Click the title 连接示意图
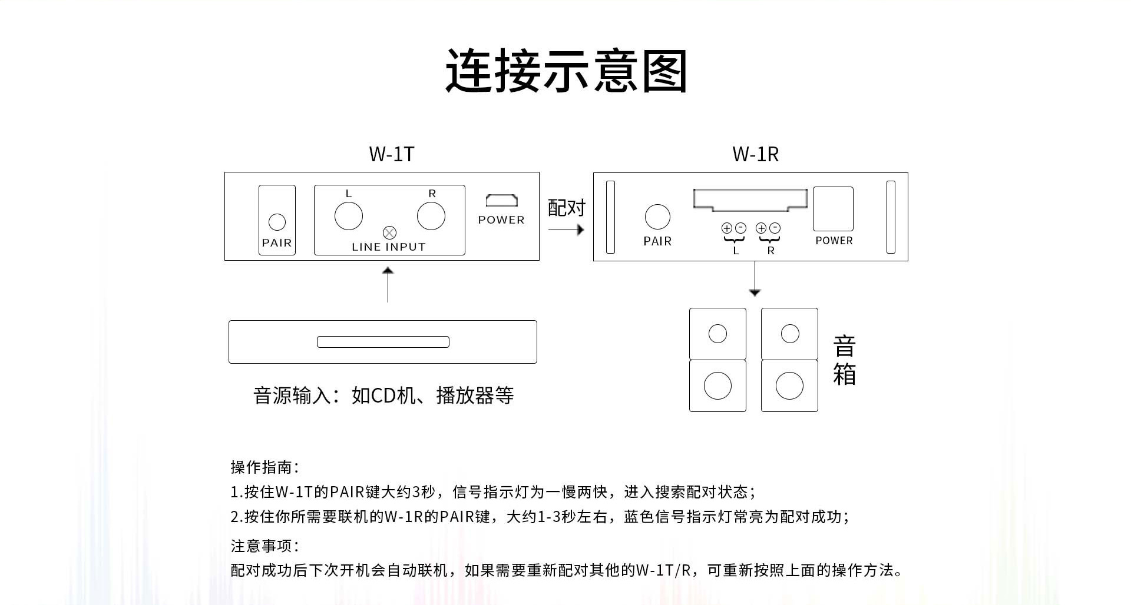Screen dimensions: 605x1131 (566, 71)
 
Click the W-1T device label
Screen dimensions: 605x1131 (392, 154)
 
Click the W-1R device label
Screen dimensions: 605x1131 (755, 154)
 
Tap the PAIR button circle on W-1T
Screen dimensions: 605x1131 (277, 222)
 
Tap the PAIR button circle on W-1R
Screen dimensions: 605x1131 (657, 217)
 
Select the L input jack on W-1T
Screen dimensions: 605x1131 (348, 215)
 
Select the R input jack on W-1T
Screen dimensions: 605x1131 (431, 215)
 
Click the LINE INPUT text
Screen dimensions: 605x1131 (388, 247)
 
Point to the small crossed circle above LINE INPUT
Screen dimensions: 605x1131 (389, 232)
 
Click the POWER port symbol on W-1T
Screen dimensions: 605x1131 (501, 201)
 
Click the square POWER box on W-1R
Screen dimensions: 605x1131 (833, 209)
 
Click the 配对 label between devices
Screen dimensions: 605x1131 (566, 208)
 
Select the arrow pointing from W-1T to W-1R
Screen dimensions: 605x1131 (566, 230)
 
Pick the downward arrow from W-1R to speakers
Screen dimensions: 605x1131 (755, 280)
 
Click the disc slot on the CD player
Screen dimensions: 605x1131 (383, 342)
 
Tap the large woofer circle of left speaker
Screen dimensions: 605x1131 (717, 385)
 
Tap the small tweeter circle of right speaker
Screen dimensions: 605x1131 (789, 334)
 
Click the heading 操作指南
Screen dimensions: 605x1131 (264, 467)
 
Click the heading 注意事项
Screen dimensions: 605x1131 (264, 546)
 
